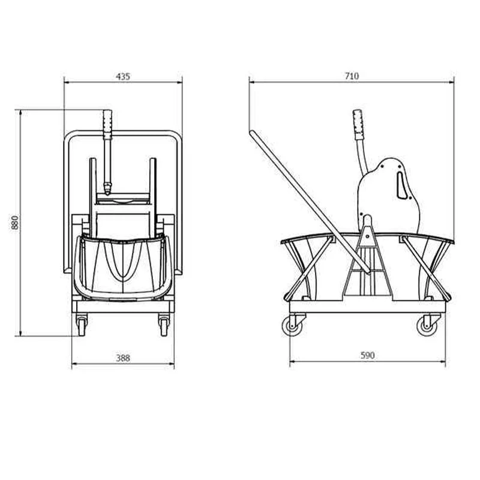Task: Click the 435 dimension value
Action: tap(123, 77)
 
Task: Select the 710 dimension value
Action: tap(352, 76)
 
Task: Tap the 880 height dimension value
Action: tap(14, 223)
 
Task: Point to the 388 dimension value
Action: tap(123, 358)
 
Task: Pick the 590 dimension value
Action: tap(367, 355)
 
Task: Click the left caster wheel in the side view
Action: tap(292, 326)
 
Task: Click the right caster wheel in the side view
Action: tap(427, 326)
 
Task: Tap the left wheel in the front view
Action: tap(82, 326)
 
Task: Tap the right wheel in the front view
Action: tap(164, 326)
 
